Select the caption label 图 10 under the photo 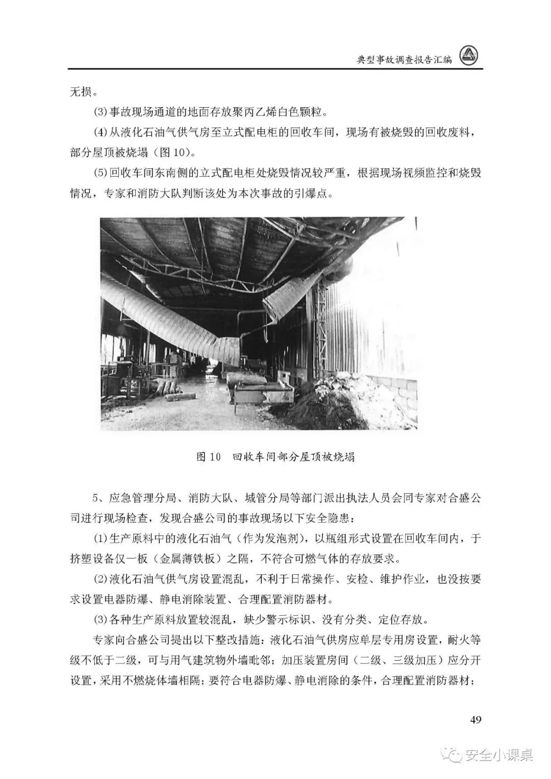pos(208,456)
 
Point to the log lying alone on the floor pos(178,395)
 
